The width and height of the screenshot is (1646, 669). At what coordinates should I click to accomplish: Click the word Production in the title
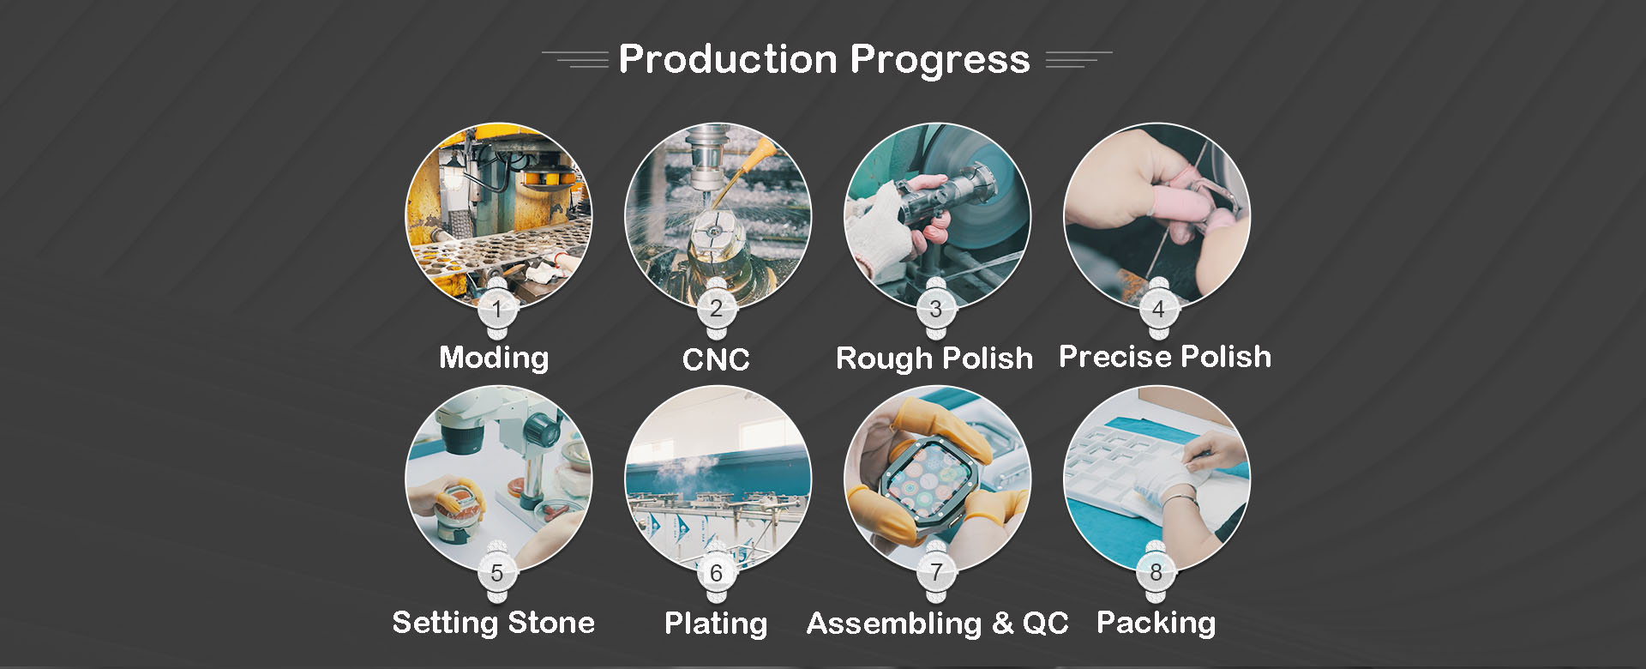click(728, 59)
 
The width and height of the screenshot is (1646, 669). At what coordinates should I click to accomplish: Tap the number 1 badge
click(497, 309)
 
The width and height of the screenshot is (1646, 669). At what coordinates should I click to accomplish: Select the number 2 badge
click(717, 309)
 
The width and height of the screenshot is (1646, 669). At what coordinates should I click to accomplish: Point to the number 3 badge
click(936, 309)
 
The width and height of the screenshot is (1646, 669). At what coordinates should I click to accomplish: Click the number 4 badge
click(1158, 309)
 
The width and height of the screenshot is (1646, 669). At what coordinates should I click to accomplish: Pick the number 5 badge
click(497, 572)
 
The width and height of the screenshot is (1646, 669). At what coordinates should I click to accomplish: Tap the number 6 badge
click(717, 572)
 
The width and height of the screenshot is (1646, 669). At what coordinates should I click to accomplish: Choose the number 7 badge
click(936, 572)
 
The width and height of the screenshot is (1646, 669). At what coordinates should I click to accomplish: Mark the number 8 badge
click(1156, 572)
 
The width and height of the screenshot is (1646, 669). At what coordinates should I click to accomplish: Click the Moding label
click(494, 358)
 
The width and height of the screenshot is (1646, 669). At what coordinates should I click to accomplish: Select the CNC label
click(716, 359)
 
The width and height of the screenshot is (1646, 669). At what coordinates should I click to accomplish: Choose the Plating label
click(716, 624)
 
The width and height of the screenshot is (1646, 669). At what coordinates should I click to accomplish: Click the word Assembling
click(894, 624)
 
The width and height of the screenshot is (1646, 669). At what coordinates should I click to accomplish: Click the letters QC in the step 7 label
click(1046, 624)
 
